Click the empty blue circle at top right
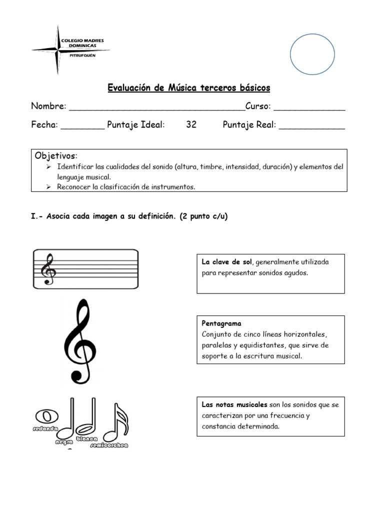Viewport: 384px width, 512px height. [x=312, y=54]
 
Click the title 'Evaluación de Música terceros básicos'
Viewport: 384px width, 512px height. [x=189, y=88]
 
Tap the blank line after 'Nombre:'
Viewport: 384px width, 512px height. [x=156, y=107]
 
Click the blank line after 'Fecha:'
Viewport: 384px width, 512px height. [x=82, y=126]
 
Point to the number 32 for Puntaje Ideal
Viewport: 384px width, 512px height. [x=191, y=125]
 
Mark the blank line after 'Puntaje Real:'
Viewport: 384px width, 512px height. [x=311, y=126]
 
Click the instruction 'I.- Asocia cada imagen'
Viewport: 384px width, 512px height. [x=129, y=217]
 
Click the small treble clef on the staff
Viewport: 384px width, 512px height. [x=49, y=269]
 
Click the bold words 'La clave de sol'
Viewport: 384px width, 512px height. [x=227, y=262]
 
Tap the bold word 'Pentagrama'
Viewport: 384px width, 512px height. [x=221, y=323]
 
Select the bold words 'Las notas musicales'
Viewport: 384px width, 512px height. [x=234, y=404]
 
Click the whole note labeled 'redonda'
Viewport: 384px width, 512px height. [x=46, y=416]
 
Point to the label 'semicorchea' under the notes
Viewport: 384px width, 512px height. [x=109, y=444]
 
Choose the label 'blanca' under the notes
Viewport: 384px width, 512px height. [x=86, y=438]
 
